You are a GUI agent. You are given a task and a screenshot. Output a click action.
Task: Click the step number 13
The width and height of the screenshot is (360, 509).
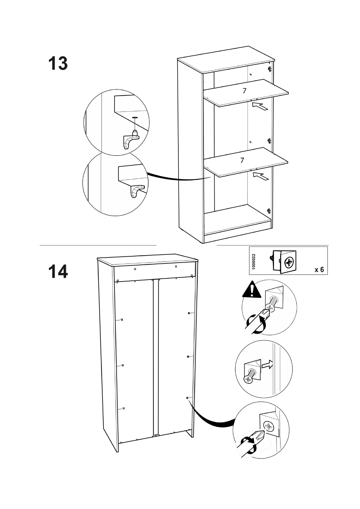tap(58, 63)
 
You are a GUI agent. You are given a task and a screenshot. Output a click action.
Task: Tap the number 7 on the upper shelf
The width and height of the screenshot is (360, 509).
tap(245, 90)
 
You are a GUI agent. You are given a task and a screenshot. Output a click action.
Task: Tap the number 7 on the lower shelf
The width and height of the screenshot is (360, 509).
tap(242, 160)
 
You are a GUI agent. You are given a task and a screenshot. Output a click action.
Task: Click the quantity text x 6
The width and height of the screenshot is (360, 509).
tap(319, 270)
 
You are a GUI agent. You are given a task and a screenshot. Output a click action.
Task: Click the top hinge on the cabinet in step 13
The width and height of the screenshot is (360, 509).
tap(270, 69)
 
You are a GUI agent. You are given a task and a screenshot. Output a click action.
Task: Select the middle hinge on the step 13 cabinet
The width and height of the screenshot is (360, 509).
tap(269, 141)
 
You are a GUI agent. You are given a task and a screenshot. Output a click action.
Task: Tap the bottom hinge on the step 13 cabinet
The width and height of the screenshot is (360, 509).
tap(269, 211)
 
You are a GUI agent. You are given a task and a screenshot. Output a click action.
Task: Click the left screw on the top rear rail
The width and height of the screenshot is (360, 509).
tap(135, 268)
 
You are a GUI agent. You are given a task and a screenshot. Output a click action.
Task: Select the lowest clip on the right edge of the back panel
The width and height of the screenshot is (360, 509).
tap(188, 398)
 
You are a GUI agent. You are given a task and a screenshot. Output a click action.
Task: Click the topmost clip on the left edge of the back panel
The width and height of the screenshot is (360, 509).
tap(121, 320)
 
